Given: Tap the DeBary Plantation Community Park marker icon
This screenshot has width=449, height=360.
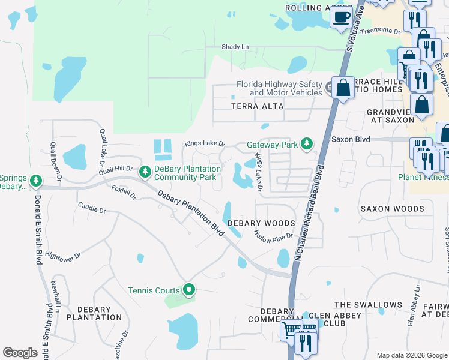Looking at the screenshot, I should [x=145, y=172].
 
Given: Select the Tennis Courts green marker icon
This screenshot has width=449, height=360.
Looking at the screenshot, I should [x=189, y=290].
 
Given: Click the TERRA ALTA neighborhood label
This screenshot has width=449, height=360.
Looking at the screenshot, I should [x=257, y=106].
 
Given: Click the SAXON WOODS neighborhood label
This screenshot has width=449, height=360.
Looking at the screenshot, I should [x=392, y=209].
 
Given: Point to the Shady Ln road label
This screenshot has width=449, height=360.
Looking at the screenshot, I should [x=235, y=47].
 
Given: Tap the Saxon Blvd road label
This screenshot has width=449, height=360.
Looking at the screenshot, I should [x=351, y=139].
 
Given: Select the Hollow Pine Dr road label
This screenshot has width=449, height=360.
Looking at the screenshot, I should [x=273, y=235].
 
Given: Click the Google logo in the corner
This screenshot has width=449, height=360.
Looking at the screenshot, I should [x=20, y=353].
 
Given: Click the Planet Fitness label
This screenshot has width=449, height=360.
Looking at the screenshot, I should [x=423, y=177].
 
